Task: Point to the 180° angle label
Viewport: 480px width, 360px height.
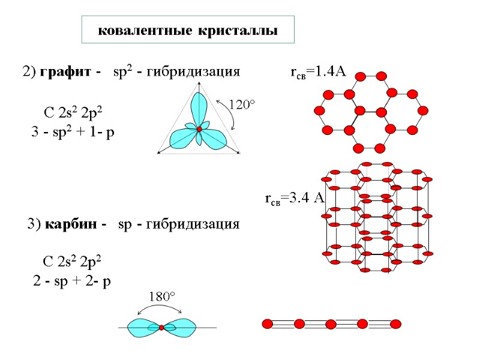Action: [161, 297]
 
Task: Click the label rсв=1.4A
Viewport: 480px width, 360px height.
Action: [318, 73]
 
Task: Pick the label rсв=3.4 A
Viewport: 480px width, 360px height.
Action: [294, 199]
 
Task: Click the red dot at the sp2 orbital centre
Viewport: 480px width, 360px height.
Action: [199, 129]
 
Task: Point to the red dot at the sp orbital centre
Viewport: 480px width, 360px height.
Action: [161, 328]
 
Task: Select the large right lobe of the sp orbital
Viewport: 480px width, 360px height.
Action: [182, 328]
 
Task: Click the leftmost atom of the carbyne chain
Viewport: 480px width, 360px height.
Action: [267, 324]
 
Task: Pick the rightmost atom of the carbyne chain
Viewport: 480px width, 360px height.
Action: [395, 324]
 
